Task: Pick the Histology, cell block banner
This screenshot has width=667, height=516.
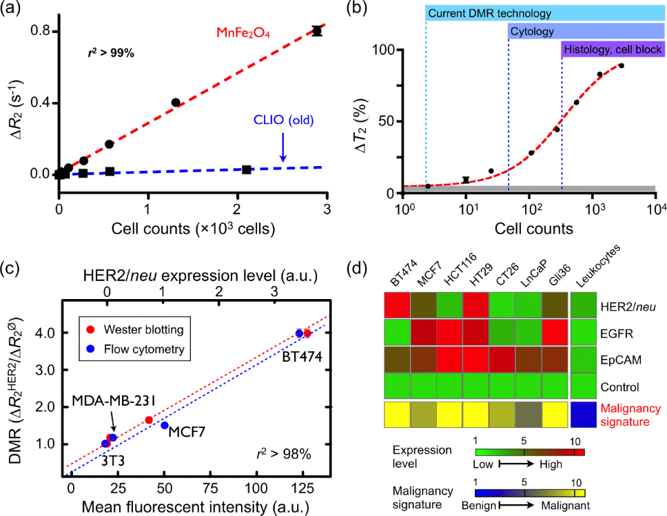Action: click(x=613, y=49)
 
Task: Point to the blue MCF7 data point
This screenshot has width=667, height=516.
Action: click(x=164, y=426)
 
